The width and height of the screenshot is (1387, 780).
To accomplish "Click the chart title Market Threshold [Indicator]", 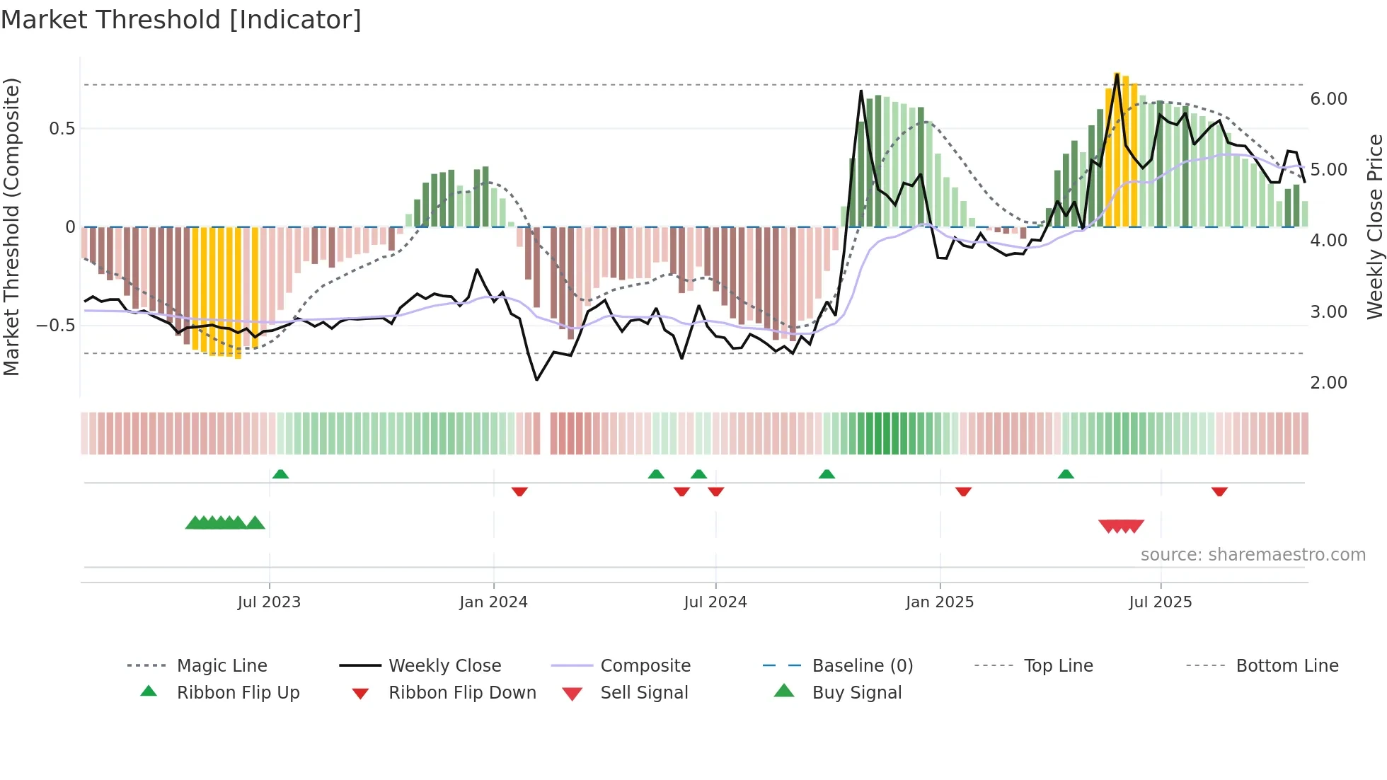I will (x=181, y=20).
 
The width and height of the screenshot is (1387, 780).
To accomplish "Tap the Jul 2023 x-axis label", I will (x=269, y=602).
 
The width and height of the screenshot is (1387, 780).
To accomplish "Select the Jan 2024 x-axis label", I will (x=493, y=602).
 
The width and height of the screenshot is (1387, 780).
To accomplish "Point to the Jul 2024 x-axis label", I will (x=715, y=602).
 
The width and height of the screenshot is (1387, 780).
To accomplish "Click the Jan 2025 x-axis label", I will (x=939, y=602).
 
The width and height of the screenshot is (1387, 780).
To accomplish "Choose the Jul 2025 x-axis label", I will (x=1160, y=602).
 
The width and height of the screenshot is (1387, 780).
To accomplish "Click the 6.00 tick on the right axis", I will (x=1328, y=99).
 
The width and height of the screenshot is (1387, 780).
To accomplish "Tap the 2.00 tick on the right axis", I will (x=1328, y=383).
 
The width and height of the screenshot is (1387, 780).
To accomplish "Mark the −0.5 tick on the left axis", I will (x=55, y=326).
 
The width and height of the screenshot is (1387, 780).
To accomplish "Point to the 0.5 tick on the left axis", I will (x=62, y=129).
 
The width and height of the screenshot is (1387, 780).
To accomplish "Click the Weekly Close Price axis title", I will (x=1374, y=226).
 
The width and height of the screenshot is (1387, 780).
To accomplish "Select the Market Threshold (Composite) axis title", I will (x=11, y=226).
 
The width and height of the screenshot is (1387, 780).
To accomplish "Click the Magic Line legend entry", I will (x=221, y=666).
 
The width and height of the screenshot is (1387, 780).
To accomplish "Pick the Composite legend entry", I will (x=645, y=666).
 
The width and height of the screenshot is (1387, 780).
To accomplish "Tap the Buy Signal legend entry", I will (x=856, y=693).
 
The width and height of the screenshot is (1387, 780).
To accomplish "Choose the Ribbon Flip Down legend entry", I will (x=461, y=693).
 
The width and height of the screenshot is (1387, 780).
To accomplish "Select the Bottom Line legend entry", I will (x=1287, y=666).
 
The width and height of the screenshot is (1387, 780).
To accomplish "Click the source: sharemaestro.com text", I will (x=1253, y=555).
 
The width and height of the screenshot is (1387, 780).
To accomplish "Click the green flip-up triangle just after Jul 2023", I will (x=280, y=474).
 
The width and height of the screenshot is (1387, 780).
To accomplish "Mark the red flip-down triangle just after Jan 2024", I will (x=519, y=491).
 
